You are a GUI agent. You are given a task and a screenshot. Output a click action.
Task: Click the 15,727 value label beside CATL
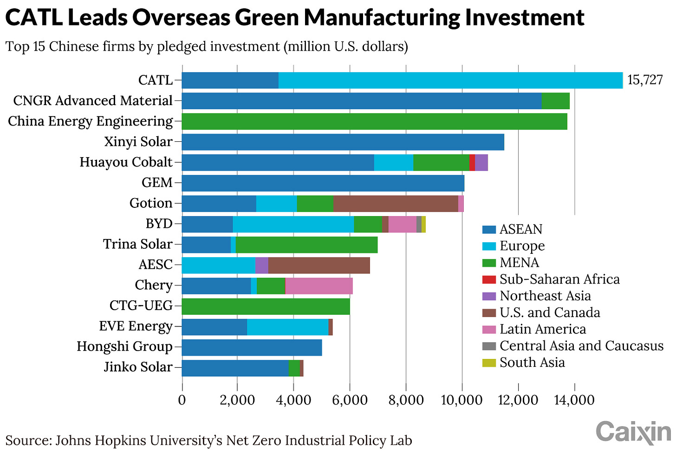[645, 80]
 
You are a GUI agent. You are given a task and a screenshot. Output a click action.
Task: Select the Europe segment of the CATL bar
[450, 80]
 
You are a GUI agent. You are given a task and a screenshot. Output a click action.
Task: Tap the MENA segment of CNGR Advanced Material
[555, 101]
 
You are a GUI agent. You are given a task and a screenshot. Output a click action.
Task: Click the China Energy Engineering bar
[374, 121]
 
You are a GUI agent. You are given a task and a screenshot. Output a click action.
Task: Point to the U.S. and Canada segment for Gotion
[396, 203]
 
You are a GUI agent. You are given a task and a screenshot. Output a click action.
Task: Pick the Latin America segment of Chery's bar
[318, 285]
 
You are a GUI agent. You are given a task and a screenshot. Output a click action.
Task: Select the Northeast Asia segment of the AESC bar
[262, 265]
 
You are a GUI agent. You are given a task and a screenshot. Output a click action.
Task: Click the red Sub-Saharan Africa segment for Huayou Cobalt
[472, 162]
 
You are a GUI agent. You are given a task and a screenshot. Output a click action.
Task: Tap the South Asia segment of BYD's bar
[423, 224]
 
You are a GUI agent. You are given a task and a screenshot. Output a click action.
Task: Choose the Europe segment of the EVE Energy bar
[287, 326]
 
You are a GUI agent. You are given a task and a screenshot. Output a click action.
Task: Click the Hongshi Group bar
[252, 347]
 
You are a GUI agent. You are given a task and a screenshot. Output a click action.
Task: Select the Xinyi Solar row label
[138, 142]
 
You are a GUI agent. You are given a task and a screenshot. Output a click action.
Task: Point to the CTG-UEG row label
[141, 306]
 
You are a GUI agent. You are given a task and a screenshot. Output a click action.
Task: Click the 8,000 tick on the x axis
[406, 400]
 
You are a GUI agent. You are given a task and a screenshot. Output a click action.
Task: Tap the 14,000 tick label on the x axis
[574, 400]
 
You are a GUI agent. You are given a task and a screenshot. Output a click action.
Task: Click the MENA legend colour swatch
[489, 263]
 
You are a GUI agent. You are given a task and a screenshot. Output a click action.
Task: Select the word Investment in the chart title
[525, 18]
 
